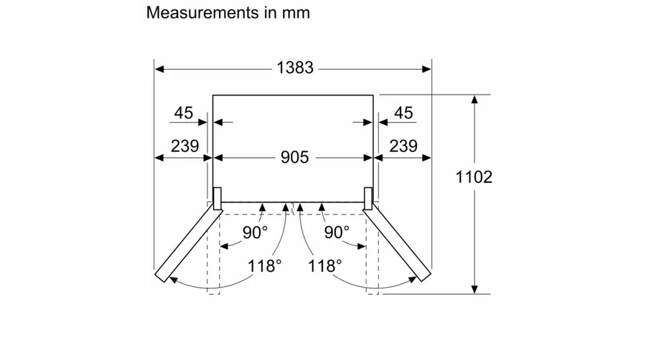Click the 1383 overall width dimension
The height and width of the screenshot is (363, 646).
coord(294,68)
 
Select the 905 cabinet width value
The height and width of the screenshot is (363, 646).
coord(294,157)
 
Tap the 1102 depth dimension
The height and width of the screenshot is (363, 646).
coord(474,177)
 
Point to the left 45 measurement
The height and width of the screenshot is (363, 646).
coord(183,113)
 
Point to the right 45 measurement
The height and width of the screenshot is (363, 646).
coord(403,113)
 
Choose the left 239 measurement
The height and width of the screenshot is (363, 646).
coord(184,146)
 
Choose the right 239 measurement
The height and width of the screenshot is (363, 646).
coord(403,146)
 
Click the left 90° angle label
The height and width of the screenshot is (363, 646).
coord(255,232)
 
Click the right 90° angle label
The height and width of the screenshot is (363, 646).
coord(337,232)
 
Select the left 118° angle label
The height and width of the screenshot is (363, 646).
coord(264,266)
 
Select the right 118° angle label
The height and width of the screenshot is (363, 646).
coord(325,266)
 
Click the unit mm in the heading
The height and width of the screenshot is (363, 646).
coord(296,14)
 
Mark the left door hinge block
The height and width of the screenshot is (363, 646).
coord(217,199)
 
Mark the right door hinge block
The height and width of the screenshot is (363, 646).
coord(368,199)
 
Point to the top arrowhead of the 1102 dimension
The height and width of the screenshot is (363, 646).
coord(474,99)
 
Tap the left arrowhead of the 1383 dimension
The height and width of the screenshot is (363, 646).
coord(159,69)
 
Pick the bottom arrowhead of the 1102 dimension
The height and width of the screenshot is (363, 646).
coord(474,289)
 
